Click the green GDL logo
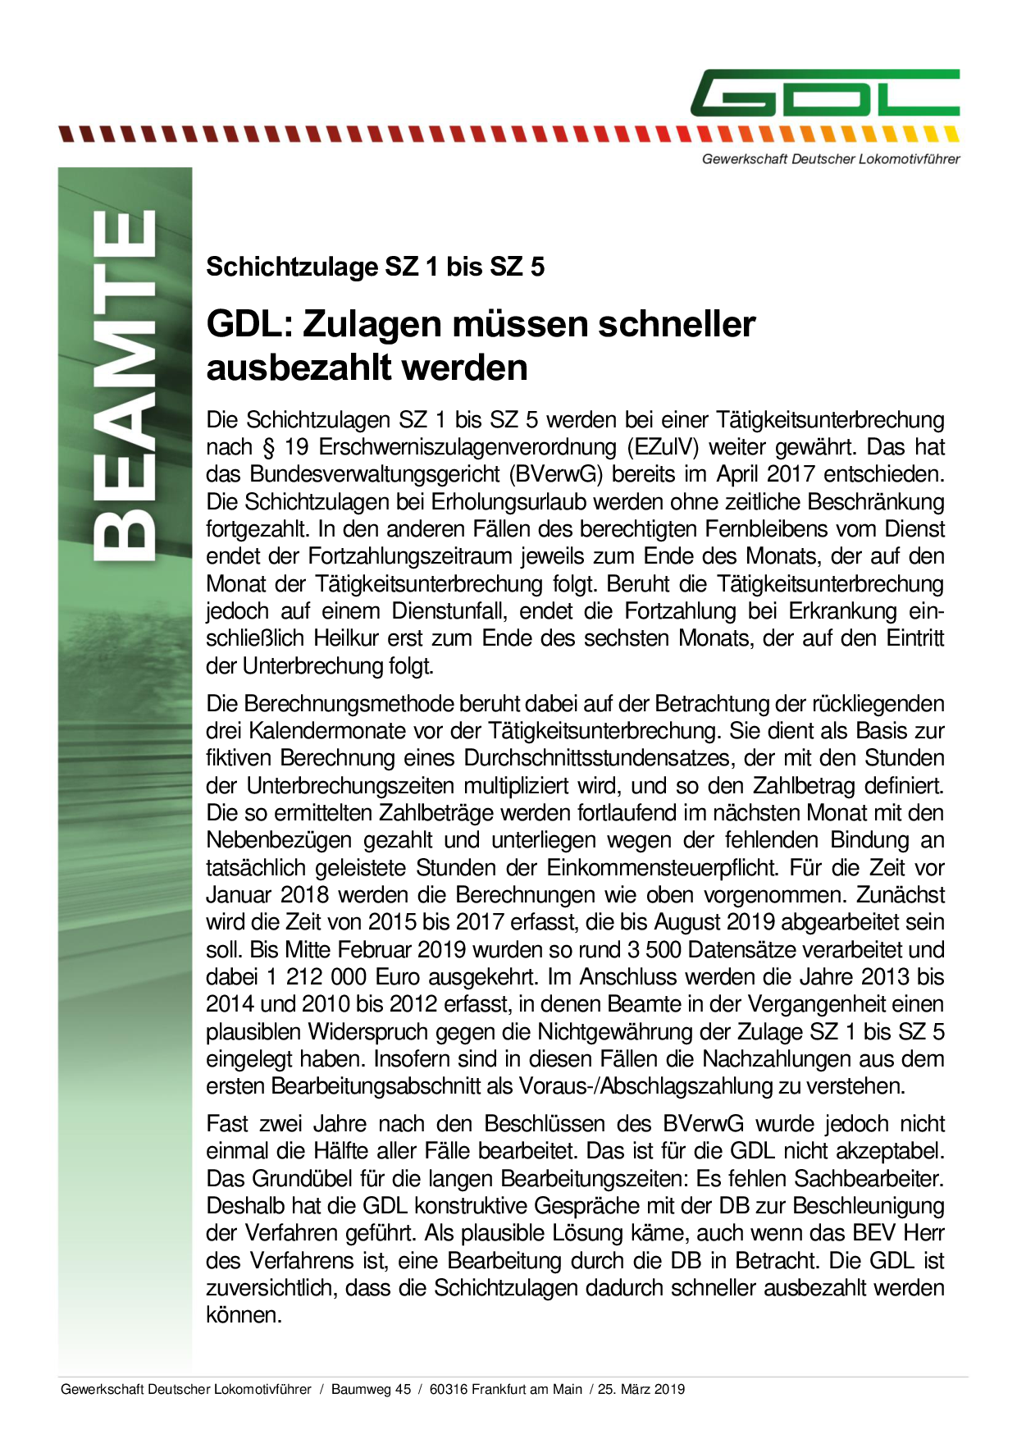(824, 93)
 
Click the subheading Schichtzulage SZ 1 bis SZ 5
(375, 267)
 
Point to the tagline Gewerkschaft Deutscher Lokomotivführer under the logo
(830, 159)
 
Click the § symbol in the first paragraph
(267, 447)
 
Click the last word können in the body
(244, 1315)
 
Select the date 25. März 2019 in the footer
(641, 1389)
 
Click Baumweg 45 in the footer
(371, 1389)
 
